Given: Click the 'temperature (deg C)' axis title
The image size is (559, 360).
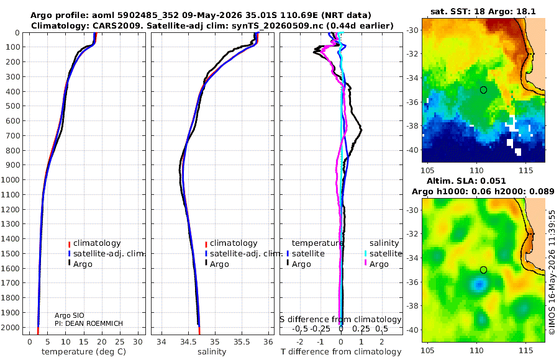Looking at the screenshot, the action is [84, 352].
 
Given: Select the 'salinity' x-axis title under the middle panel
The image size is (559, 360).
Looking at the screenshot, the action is [212, 352].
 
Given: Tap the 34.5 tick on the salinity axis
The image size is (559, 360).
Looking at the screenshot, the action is [188, 342].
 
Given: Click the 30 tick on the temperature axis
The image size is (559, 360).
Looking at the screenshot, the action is [138, 342].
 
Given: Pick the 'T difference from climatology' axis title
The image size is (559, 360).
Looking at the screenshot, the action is [341, 352].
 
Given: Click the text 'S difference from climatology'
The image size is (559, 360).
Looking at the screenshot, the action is [340, 319].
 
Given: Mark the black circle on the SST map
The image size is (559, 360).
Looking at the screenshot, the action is [483, 90].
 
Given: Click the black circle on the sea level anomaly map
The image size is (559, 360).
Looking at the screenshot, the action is [483, 270].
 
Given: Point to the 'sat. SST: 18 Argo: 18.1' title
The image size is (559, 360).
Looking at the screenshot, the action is [483, 11].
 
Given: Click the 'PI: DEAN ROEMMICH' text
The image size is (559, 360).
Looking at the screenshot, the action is [88, 323].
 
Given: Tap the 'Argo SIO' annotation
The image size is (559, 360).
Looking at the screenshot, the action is [69, 315].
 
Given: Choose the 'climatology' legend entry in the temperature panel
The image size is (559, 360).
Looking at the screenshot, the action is [94, 243].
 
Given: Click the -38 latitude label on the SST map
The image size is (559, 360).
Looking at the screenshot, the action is [413, 125].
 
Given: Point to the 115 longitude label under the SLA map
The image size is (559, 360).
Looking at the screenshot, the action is [525, 351].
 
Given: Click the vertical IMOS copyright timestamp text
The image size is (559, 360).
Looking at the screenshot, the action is [552, 272].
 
